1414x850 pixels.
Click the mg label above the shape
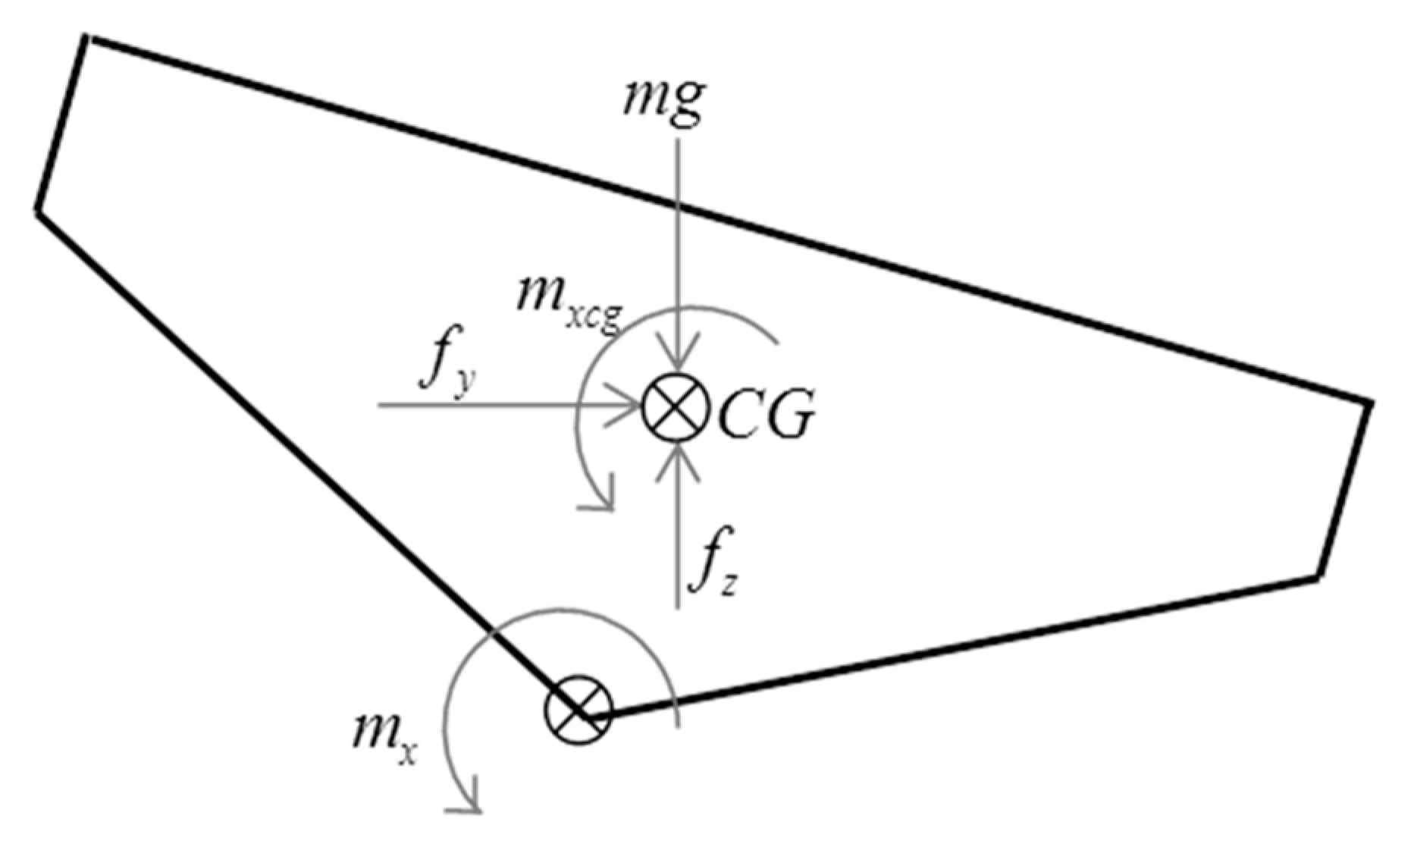click(663, 101)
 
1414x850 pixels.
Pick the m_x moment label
click(384, 736)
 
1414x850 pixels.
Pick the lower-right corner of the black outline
click(1318, 576)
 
